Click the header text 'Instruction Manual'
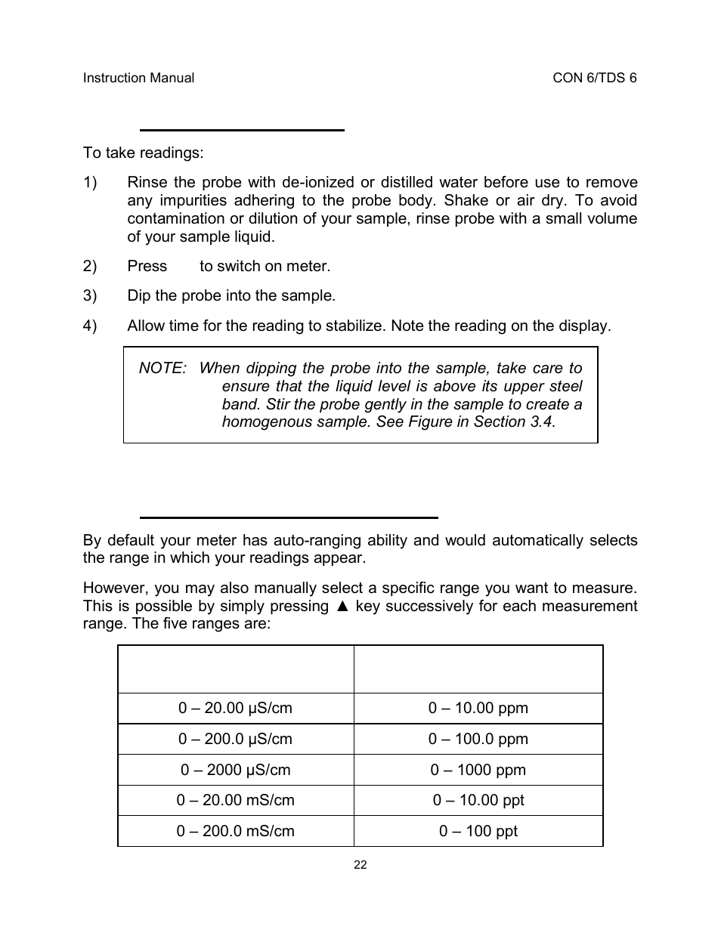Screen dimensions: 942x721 point(138,78)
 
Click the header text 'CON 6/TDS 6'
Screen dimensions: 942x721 point(595,78)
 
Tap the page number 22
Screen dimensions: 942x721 point(360,865)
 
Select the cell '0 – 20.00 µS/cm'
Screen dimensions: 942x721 point(235,709)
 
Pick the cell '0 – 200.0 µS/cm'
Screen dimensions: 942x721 point(235,740)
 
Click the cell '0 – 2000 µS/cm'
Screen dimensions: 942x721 point(235,771)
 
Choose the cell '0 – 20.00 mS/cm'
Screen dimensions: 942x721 point(235,801)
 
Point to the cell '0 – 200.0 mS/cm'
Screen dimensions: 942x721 point(235,832)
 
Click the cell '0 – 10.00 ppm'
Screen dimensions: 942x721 point(478,709)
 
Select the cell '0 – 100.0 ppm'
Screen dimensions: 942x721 point(478,740)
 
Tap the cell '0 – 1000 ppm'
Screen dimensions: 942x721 point(478,771)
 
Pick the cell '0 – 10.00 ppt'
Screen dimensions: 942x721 point(478,801)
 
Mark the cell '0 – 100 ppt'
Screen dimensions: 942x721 point(478,832)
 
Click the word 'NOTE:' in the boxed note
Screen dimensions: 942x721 point(162,369)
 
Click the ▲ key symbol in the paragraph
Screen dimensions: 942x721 point(342,607)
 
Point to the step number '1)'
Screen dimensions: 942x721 point(90,183)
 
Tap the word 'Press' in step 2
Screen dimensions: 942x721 point(147,267)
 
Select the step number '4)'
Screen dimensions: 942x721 point(90,326)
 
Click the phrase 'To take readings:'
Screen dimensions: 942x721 point(143,153)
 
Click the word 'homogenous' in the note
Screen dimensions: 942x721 point(258,422)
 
